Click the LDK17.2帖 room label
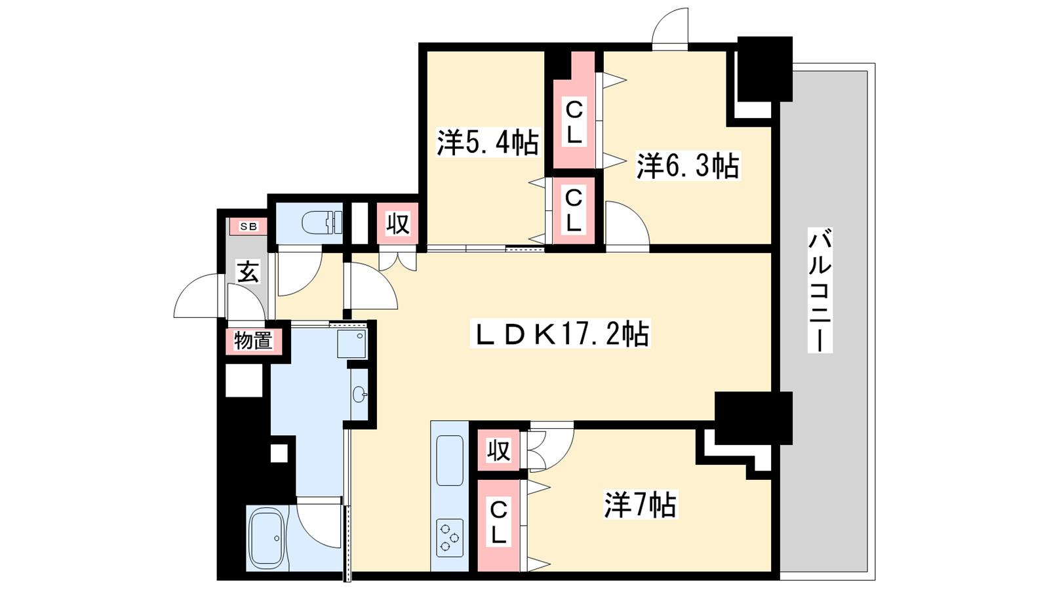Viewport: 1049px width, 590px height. [560, 334]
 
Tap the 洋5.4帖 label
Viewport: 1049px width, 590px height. [488, 142]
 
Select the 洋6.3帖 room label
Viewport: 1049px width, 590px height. [687, 166]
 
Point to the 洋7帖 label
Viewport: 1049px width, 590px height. [640, 505]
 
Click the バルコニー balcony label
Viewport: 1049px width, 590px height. [820, 290]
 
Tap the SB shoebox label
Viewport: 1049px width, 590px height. [248, 227]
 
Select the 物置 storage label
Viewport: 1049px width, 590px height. [253, 340]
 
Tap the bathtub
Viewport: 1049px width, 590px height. [266, 538]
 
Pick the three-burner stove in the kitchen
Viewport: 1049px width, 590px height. [450, 538]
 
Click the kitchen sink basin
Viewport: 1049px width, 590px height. [450, 460]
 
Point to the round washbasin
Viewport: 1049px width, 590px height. [360, 395]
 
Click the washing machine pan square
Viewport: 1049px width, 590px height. [351, 344]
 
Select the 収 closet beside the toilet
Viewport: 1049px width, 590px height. [397, 224]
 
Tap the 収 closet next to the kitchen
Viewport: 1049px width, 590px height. [498, 450]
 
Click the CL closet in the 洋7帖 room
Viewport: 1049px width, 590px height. [499, 525]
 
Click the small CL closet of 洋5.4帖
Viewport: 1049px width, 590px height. [573, 210]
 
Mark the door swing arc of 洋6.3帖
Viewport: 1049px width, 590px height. [636, 216]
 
